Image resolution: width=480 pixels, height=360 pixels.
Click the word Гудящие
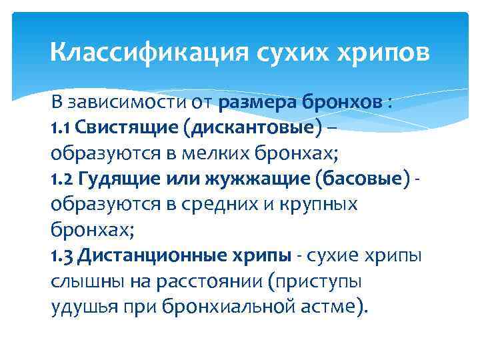pyautogui.click(x=110, y=179)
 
